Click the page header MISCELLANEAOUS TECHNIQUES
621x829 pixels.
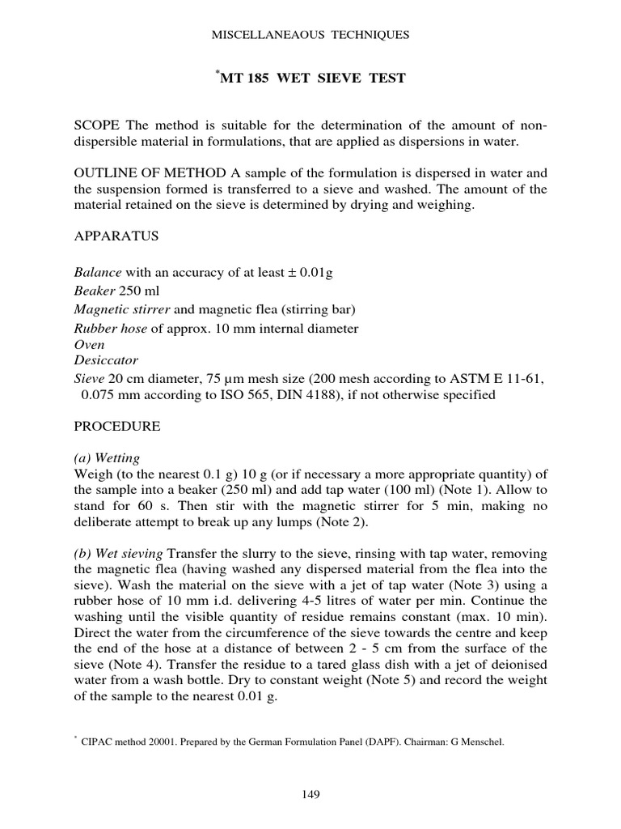pyautogui.click(x=310, y=35)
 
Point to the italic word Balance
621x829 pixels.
pyautogui.click(x=96, y=273)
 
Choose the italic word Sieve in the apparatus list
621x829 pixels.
pyautogui.click(x=89, y=378)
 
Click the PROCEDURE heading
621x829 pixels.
pyautogui.click(x=116, y=426)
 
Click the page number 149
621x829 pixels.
pyautogui.click(x=310, y=794)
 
